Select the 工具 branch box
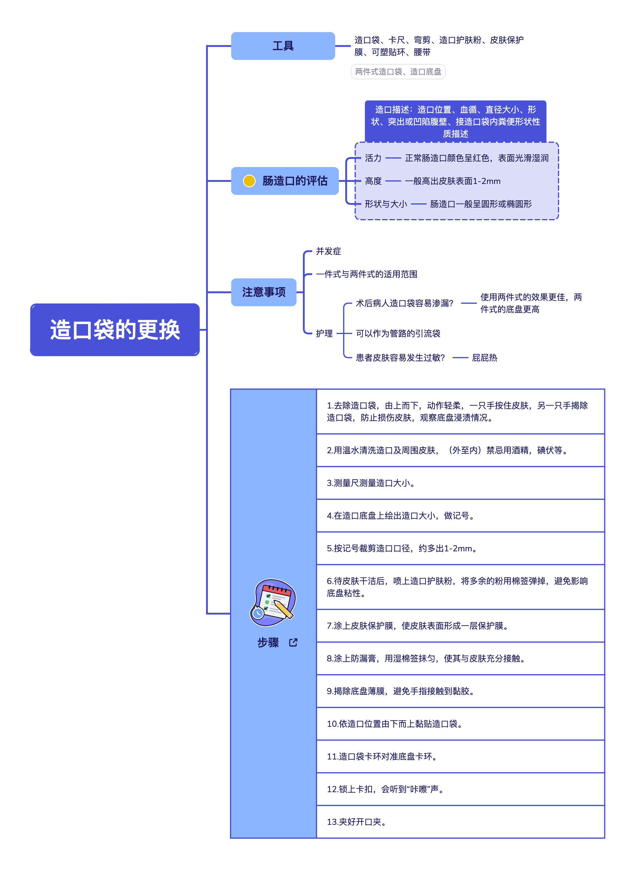tap(283, 46)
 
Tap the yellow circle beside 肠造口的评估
tap(249, 181)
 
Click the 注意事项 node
tap(264, 292)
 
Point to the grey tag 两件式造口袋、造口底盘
tap(398, 72)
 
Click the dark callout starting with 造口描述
tap(455, 121)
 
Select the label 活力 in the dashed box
tap(373, 158)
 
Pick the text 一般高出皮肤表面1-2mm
tap(453, 181)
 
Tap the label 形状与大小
tap(386, 204)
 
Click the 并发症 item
tap(328, 251)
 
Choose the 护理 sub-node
tap(324, 333)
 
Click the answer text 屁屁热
tap(484, 358)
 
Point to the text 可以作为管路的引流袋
tap(398, 333)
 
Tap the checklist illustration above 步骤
tap(273, 602)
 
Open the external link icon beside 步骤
tap(293, 642)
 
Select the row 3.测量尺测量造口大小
tap(460, 483)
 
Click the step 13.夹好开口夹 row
tap(460, 821)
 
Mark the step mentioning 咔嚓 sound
tap(460, 789)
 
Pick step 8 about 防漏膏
tap(460, 658)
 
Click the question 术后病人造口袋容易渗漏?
tap(404, 303)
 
